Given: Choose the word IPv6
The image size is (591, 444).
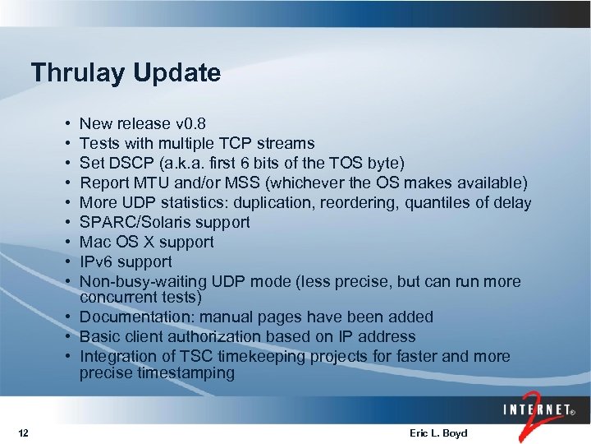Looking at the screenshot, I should [96, 261].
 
